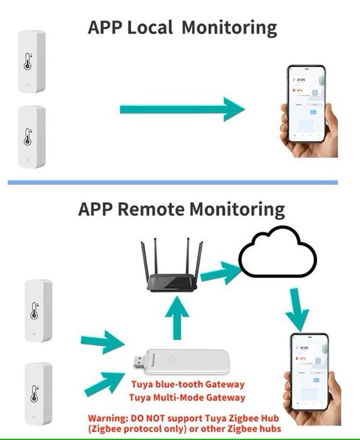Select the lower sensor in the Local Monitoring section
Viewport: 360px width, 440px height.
pyautogui.click(x=30, y=136)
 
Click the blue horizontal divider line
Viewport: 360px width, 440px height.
pyautogui.click(x=172, y=183)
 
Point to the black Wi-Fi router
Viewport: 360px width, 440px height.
pyautogui.click(x=173, y=271)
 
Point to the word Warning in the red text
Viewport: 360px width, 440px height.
pyautogui.click(x=107, y=417)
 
